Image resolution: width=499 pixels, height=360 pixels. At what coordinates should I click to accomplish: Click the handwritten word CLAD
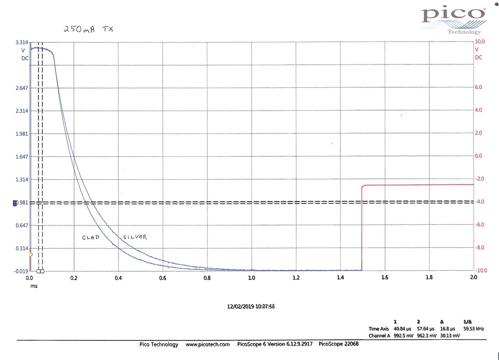[91, 237]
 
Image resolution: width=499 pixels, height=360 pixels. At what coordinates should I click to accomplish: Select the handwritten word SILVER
[135, 237]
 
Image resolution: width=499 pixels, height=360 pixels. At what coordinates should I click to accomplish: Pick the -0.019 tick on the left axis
[21, 271]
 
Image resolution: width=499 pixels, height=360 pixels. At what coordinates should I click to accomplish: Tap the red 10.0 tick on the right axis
[480, 42]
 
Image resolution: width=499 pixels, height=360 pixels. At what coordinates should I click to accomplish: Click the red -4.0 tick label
[480, 202]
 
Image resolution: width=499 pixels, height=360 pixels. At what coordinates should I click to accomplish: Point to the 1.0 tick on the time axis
[252, 278]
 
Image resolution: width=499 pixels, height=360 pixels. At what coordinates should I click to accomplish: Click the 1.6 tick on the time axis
[385, 278]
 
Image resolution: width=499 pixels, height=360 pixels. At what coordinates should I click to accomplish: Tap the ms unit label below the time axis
[34, 286]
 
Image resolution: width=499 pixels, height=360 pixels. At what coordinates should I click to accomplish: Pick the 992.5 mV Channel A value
[395, 336]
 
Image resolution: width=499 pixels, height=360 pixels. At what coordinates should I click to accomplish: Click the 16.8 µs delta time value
[442, 329]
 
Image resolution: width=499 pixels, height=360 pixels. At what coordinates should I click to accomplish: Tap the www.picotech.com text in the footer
[207, 344]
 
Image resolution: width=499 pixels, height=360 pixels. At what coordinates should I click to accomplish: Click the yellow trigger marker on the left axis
[31, 254]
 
